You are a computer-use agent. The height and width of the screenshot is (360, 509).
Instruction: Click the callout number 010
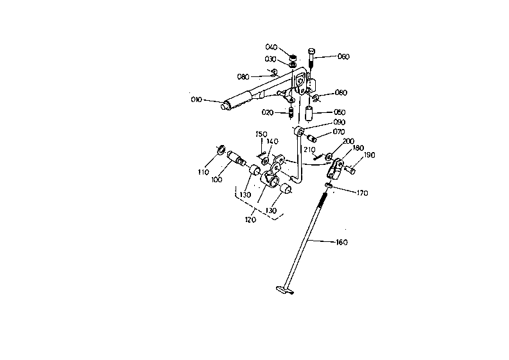point(196,99)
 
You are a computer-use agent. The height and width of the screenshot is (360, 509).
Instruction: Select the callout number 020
point(268,112)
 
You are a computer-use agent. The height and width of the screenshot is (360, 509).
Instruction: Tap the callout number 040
point(271,47)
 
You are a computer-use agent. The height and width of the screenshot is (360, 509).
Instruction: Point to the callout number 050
point(340,112)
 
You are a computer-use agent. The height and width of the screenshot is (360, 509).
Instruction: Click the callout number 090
point(340,122)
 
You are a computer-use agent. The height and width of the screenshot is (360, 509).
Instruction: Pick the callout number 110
point(203,172)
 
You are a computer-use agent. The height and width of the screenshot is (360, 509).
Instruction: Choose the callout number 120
point(250,219)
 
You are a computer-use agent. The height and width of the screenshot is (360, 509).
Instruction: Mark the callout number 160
point(342,242)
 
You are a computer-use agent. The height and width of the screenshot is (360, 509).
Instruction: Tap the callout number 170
point(362,193)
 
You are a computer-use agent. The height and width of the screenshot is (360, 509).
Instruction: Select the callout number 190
point(370,155)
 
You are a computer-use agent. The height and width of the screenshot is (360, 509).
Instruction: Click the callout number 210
point(309,150)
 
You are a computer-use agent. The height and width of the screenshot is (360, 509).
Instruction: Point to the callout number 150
point(261,134)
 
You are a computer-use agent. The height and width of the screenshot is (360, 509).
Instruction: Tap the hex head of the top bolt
point(311,51)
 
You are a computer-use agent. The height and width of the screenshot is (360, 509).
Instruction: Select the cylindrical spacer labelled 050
point(309,113)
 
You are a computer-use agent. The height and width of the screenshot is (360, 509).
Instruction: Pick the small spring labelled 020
point(291,113)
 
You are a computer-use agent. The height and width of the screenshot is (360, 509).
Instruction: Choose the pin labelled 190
point(350,169)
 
